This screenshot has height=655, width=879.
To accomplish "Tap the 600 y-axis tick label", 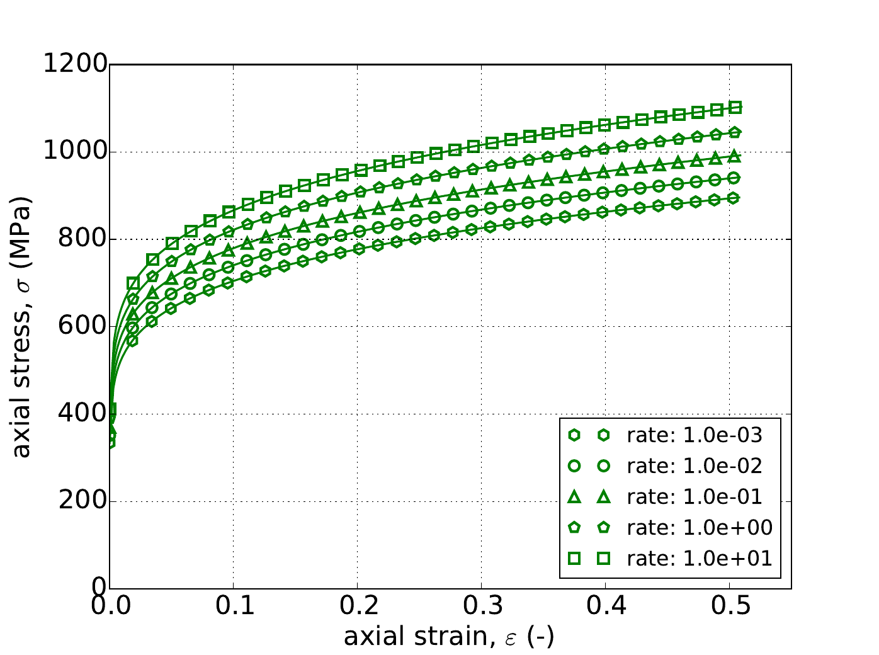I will coord(84,327).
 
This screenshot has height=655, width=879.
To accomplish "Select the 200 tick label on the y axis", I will coord(84,502).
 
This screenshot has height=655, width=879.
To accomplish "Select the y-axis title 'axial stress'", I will coord(23,326).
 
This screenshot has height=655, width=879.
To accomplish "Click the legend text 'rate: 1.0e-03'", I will coord(695,435).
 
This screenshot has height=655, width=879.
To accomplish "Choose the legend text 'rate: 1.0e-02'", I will coord(695,466).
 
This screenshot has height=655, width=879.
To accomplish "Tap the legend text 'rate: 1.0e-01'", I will coord(695,497).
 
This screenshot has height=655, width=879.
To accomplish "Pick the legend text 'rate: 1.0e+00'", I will coord(699,528).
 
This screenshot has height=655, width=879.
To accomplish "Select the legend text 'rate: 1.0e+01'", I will coord(699,559).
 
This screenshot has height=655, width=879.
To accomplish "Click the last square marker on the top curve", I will coord(735,107).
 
